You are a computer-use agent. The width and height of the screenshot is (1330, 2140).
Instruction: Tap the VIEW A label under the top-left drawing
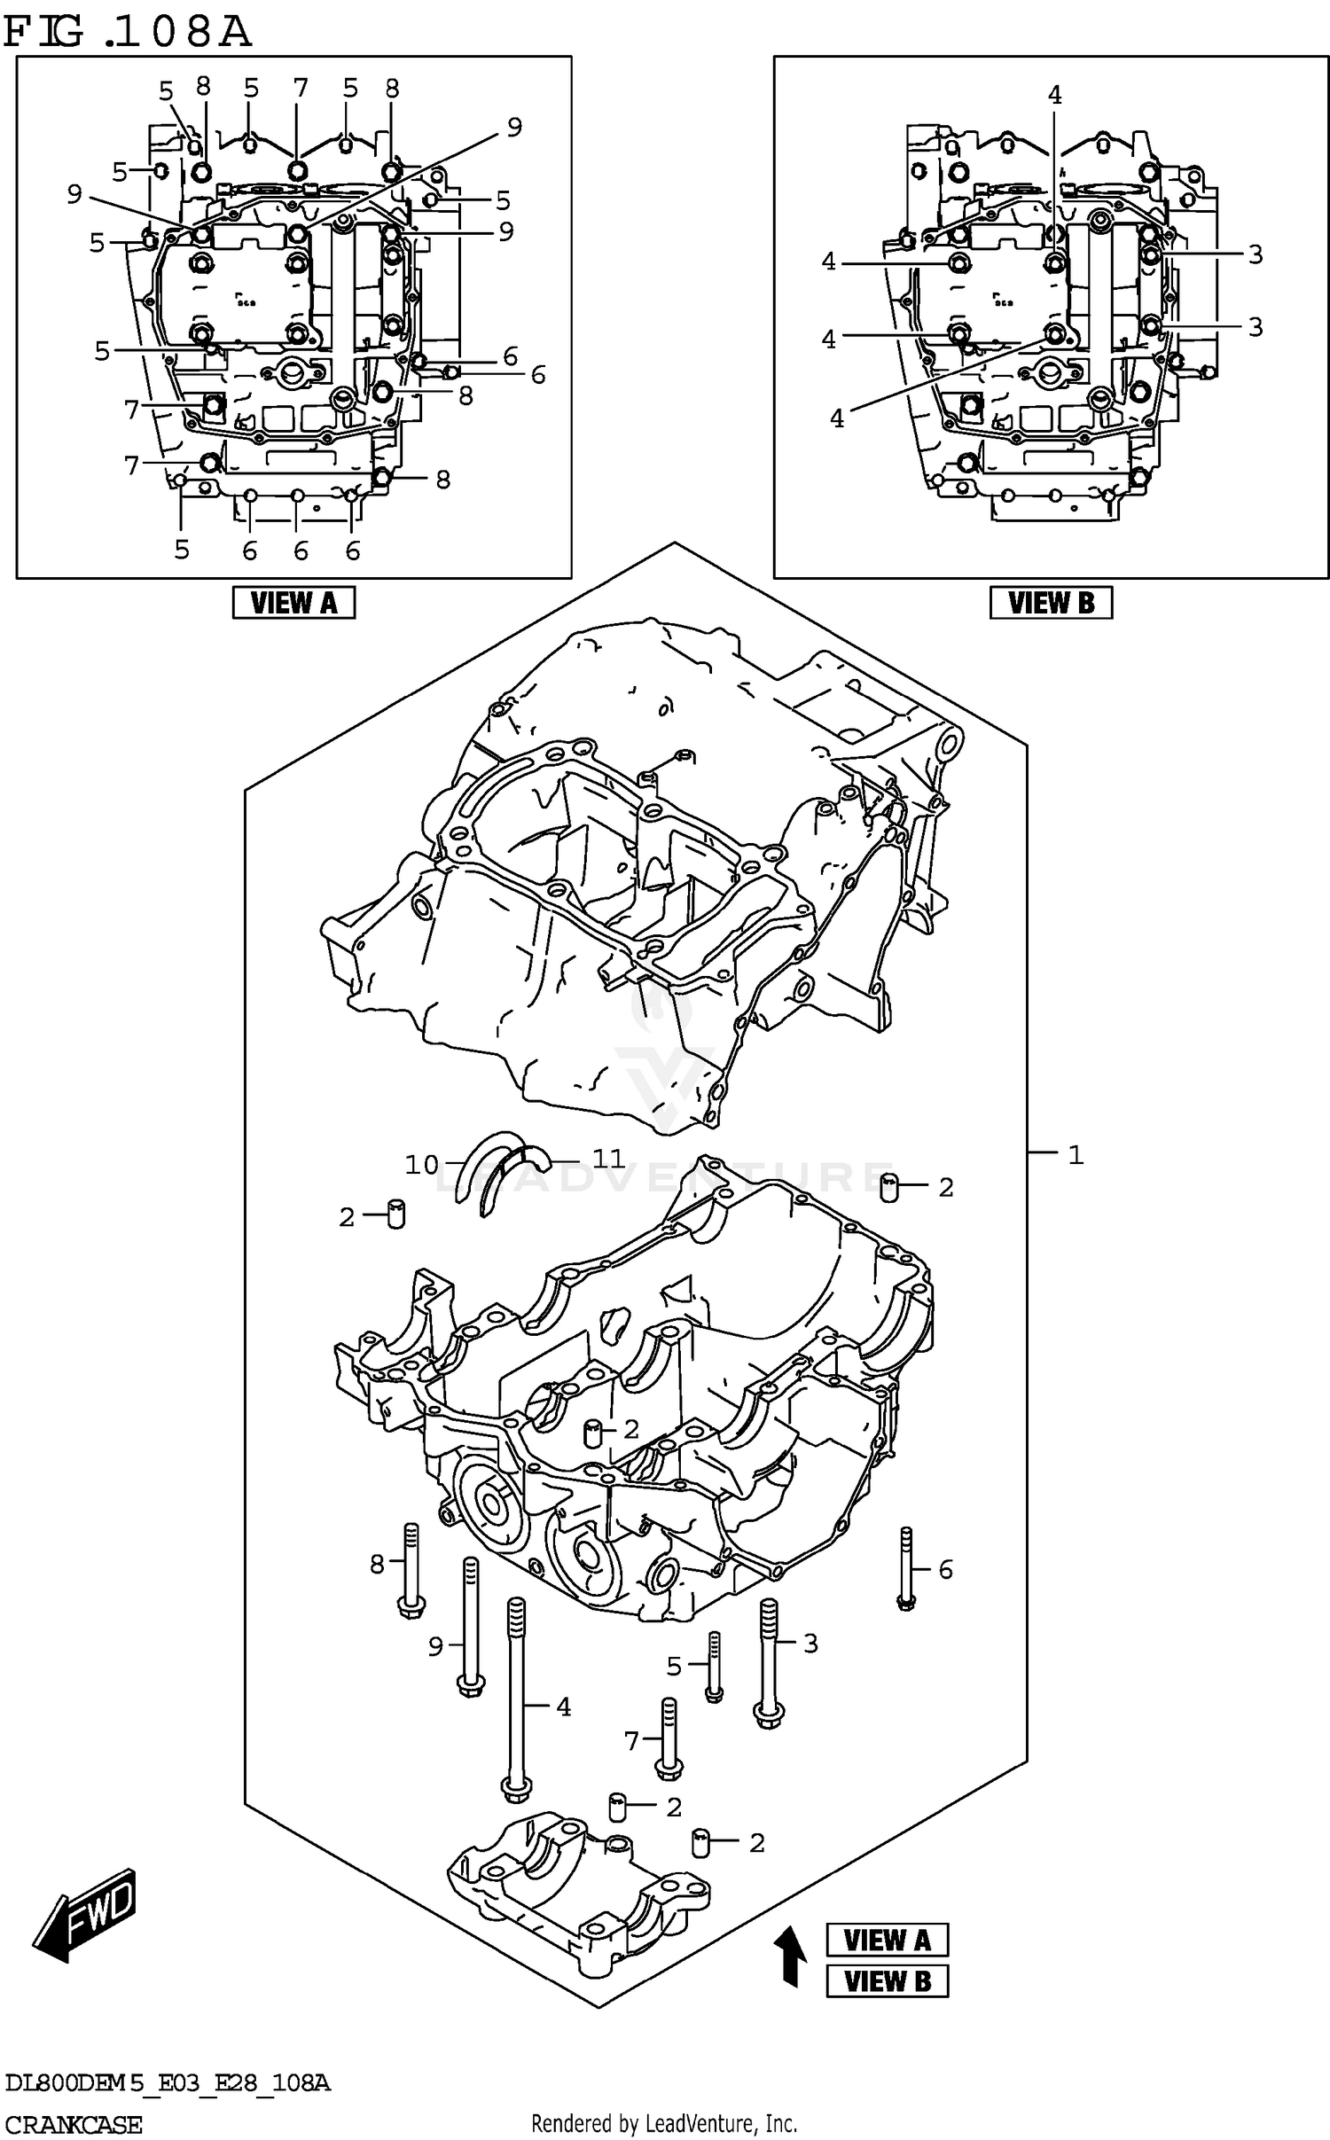point(293,603)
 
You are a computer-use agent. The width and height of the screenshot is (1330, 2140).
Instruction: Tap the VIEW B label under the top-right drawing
point(1051,603)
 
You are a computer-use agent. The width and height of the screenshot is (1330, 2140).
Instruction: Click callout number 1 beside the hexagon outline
point(1076,1154)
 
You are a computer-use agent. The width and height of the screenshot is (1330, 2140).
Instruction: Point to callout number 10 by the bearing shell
point(422,1164)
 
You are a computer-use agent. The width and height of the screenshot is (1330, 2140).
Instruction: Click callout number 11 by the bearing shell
point(608,1158)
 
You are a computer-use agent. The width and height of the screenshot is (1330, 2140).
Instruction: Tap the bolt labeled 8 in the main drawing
point(411,1570)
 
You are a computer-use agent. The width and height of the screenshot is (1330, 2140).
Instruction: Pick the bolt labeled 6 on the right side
point(905,1570)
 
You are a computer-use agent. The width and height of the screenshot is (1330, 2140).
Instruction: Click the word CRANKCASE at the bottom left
point(73,2125)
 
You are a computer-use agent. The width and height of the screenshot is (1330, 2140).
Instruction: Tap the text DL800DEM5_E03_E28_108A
point(167,2082)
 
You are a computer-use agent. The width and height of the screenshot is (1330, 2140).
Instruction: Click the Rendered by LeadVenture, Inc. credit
point(664,2123)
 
